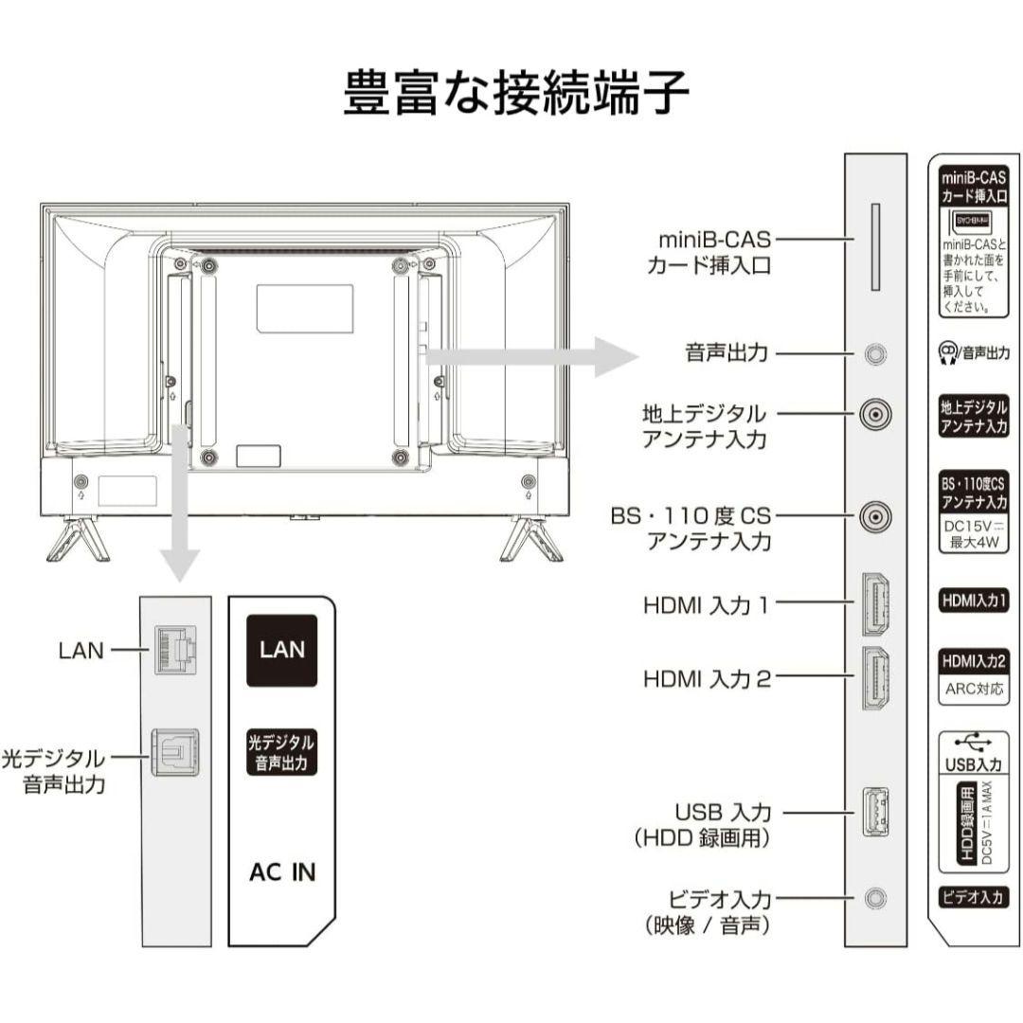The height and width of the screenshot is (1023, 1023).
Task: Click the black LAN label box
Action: [282, 650]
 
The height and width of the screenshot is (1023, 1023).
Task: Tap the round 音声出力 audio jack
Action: [876, 354]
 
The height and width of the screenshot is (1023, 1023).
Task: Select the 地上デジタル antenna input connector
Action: [876, 414]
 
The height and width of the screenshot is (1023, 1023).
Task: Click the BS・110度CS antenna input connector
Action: [876, 516]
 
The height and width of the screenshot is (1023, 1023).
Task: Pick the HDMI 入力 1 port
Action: [876, 603]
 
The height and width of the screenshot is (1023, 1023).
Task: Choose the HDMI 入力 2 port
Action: [876, 677]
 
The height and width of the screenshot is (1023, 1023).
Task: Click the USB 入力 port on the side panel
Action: [875, 812]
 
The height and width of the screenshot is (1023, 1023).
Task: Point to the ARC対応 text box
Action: [974, 689]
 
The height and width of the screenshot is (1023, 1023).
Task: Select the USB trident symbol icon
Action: [974, 742]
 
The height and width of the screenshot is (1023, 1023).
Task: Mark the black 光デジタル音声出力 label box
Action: [281, 754]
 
